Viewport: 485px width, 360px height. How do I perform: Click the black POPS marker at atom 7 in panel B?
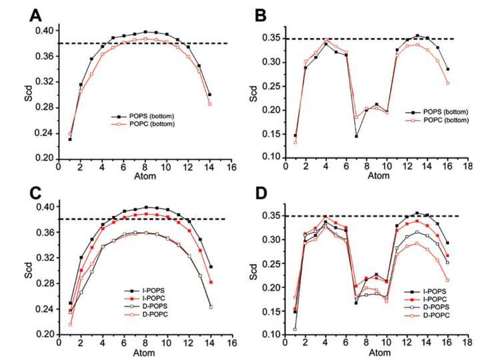click(356, 136)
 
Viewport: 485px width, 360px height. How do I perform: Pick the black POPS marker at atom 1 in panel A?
click(70, 139)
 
